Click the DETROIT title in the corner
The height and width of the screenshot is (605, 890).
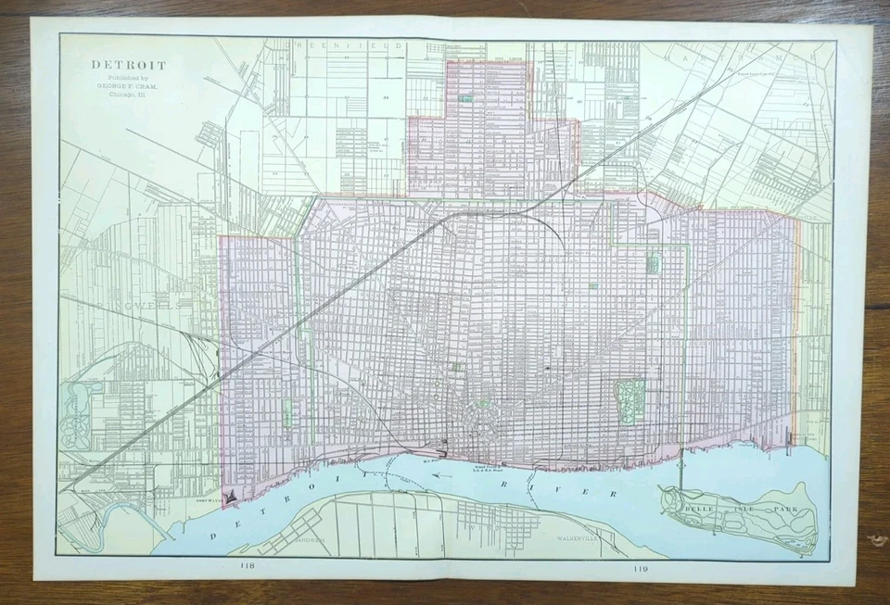pos(128,66)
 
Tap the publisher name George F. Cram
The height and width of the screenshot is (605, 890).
pos(128,86)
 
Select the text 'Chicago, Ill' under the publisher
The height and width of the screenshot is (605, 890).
pos(128,95)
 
